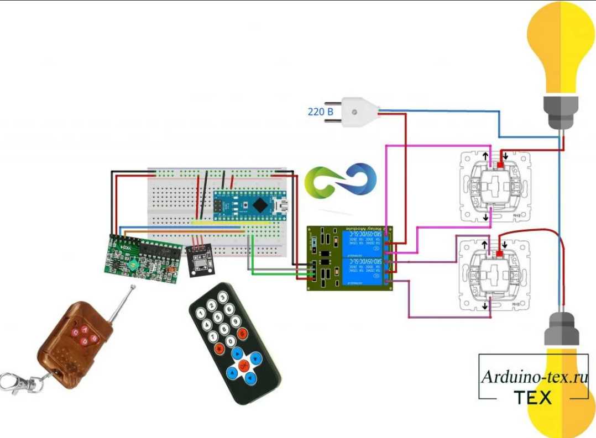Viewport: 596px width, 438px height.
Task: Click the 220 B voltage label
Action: tap(320, 112)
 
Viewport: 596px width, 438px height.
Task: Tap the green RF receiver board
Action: tap(143, 257)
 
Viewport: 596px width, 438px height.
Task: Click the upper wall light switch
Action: tap(495, 187)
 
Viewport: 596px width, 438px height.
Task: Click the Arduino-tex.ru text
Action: tap(534, 377)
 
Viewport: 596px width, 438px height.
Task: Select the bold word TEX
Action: tap(533, 397)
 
